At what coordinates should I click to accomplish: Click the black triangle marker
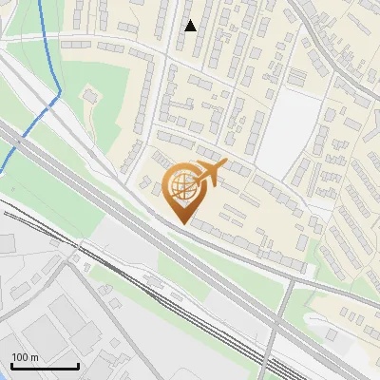click(190, 26)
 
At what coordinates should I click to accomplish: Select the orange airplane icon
click(211, 172)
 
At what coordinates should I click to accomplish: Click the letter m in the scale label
click(34, 357)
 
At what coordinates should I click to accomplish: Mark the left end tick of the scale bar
click(12, 366)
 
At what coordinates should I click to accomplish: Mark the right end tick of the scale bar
click(78, 366)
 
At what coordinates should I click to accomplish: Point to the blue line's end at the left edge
click(2, 171)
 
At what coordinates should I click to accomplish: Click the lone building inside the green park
click(90, 95)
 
